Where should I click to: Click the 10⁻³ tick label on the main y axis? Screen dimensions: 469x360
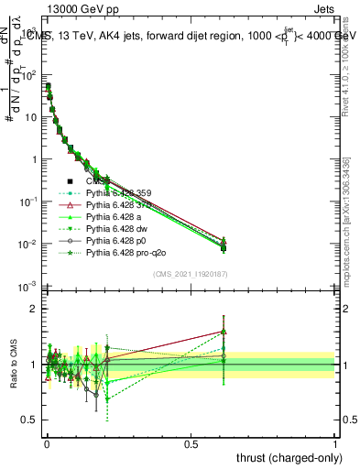[x=28, y=288]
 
